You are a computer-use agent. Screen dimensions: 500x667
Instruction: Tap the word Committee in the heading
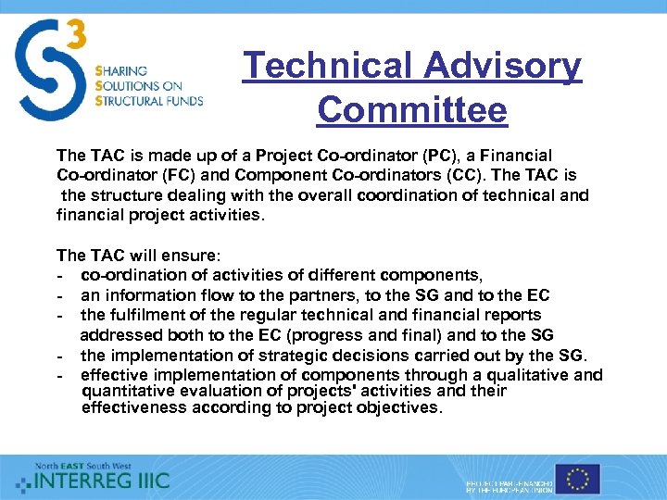click(x=412, y=110)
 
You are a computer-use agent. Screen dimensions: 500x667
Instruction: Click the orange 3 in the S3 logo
click(x=76, y=35)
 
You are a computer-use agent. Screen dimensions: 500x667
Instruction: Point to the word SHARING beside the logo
click(x=120, y=70)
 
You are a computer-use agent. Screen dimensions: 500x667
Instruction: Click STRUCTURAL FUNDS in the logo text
click(x=149, y=101)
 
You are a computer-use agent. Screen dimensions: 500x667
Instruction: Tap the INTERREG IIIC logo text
click(x=102, y=481)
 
